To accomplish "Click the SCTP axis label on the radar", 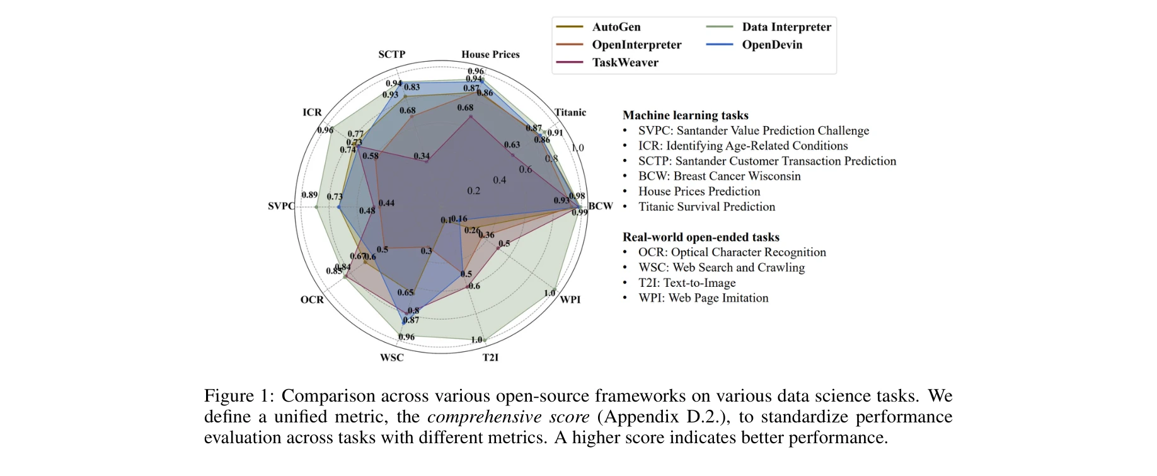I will pyautogui.click(x=391, y=54).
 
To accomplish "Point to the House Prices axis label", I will pyautogui.click(x=490, y=54).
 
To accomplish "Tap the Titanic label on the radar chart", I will pyautogui.click(x=570, y=112).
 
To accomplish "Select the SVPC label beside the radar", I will pyautogui.click(x=281, y=206).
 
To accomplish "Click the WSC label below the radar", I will pyautogui.click(x=391, y=357).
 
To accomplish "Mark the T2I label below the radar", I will pyautogui.click(x=490, y=357).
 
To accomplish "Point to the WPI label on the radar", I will pyautogui.click(x=570, y=299).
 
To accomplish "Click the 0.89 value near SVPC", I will pyautogui.click(x=309, y=195).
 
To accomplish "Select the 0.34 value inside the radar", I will pyautogui.click(x=422, y=156).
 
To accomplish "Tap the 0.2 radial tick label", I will pyautogui.click(x=474, y=190).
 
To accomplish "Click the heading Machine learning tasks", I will pyautogui.click(x=686, y=115).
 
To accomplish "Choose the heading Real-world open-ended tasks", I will pyautogui.click(x=701, y=237).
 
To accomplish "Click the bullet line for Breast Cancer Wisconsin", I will pyautogui.click(x=719, y=177).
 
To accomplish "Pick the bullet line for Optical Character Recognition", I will pyautogui.click(x=732, y=252).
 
